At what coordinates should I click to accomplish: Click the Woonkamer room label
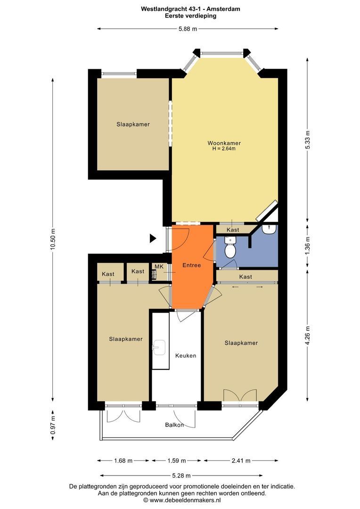[224, 143]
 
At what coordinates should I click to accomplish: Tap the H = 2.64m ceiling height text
[224, 149]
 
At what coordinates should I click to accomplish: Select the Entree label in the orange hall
[192, 265]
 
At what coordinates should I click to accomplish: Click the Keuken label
[186, 355]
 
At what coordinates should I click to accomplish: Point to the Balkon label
[174, 425]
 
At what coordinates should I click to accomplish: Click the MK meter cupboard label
[159, 267]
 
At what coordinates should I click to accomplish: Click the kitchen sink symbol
[158, 348]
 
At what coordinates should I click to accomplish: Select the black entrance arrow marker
[153, 238]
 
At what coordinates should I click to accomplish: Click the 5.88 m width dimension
[188, 29]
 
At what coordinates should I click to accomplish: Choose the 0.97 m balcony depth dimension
[53, 425]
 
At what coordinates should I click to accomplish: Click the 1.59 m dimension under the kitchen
[177, 460]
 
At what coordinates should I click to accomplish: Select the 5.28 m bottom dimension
[188, 476]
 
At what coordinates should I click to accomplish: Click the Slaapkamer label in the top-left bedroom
[133, 124]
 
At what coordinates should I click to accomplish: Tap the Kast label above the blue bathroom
[233, 230]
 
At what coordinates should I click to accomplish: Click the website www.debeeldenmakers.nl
[185, 500]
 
